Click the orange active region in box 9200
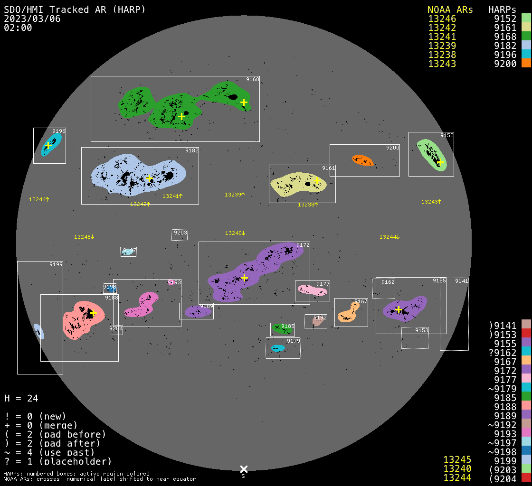pos(362,160)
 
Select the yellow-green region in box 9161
pos(297,184)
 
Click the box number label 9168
pos(252,79)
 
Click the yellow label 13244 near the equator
pos(389,237)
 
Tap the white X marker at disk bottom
pos(244,469)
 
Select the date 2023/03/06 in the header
pos(32,19)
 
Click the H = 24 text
pos(21,398)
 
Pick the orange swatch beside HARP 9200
pos(526,64)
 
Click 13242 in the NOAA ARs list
pos(442,28)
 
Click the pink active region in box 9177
pos(312,290)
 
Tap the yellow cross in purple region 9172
pos(244,278)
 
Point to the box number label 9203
pos(180,233)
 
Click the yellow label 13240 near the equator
pos(235,233)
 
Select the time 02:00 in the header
pos(18,28)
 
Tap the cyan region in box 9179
pos(277,348)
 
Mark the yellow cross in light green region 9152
pos(440,162)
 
